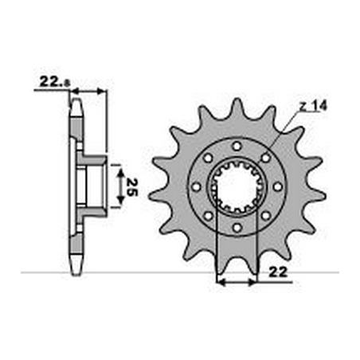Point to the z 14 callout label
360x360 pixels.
[311, 104]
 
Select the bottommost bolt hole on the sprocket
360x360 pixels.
[237, 232]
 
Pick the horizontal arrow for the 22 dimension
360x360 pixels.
[237, 282]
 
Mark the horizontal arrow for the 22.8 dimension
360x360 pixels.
[88, 91]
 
